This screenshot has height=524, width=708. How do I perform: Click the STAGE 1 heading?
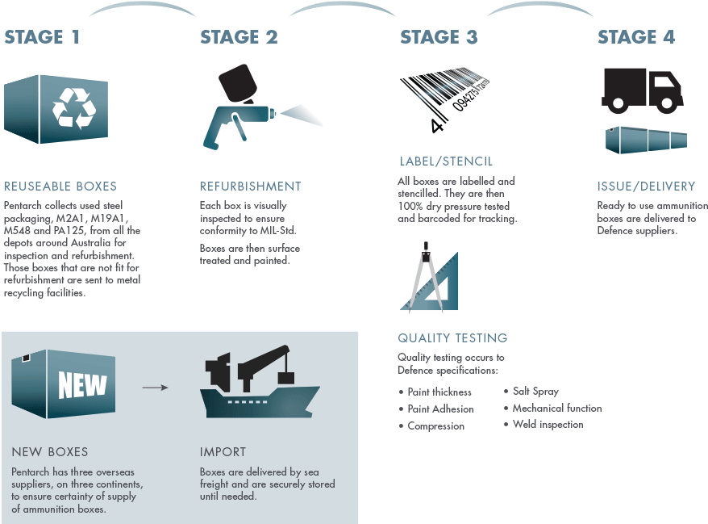(42, 37)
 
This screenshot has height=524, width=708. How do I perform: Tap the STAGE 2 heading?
(239, 37)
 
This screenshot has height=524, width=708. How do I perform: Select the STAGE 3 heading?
(439, 37)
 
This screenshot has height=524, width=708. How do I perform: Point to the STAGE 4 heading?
(636, 37)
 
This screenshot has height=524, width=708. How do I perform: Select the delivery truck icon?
(642, 89)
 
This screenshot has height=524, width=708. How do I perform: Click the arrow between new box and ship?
(155, 388)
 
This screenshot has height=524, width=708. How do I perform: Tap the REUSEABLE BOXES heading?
(60, 186)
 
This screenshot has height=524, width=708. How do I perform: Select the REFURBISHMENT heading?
(251, 186)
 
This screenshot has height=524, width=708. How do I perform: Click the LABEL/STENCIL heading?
(446, 161)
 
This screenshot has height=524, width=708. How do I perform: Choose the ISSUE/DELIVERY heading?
(646, 186)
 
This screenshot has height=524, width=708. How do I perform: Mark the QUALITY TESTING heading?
(452, 337)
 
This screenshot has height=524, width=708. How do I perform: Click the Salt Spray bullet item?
(535, 392)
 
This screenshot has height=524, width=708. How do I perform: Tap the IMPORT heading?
(223, 452)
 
